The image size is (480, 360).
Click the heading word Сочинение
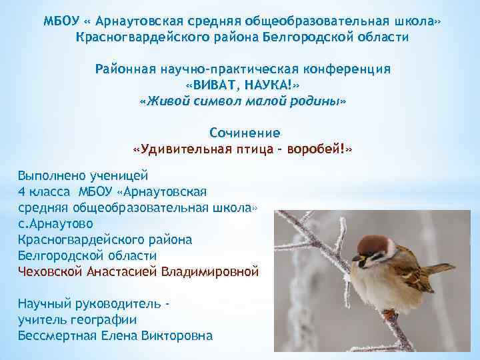245,132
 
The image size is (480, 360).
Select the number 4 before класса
21,192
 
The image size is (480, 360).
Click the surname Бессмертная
61,335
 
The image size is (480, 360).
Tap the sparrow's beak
357,257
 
